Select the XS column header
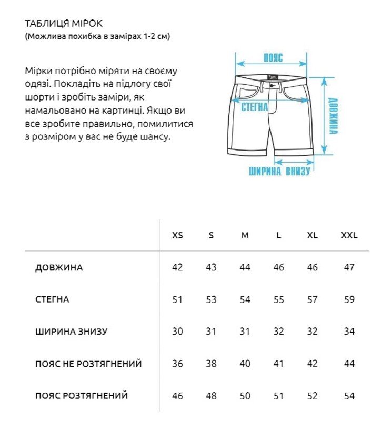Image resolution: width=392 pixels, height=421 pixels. click(x=178, y=235)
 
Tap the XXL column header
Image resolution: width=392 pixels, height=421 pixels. click(x=349, y=235)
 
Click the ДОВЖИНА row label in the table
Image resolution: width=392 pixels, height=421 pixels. click(x=59, y=268)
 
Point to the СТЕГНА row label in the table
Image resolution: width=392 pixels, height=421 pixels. click(x=52, y=300)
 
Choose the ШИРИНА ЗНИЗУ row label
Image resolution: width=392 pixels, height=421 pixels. click(x=71, y=332)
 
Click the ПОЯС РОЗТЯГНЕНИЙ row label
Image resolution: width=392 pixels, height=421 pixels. click(x=82, y=395)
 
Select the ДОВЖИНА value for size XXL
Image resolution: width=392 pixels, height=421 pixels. click(x=349, y=268)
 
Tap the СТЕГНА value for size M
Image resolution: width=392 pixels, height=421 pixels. click(x=245, y=300)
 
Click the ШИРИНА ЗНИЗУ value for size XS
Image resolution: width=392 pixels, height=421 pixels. click(x=178, y=332)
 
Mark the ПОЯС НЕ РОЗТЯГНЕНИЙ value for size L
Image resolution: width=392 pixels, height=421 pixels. click(x=279, y=364)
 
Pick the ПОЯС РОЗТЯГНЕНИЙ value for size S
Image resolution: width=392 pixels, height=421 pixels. click(x=211, y=396)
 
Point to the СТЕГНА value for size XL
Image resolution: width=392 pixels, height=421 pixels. click(x=313, y=300)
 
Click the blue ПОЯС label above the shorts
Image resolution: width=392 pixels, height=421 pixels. click(x=273, y=58)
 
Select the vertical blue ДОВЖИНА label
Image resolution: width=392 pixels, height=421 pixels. click(x=333, y=116)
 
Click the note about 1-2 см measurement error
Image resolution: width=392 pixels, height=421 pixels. click(x=97, y=37)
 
